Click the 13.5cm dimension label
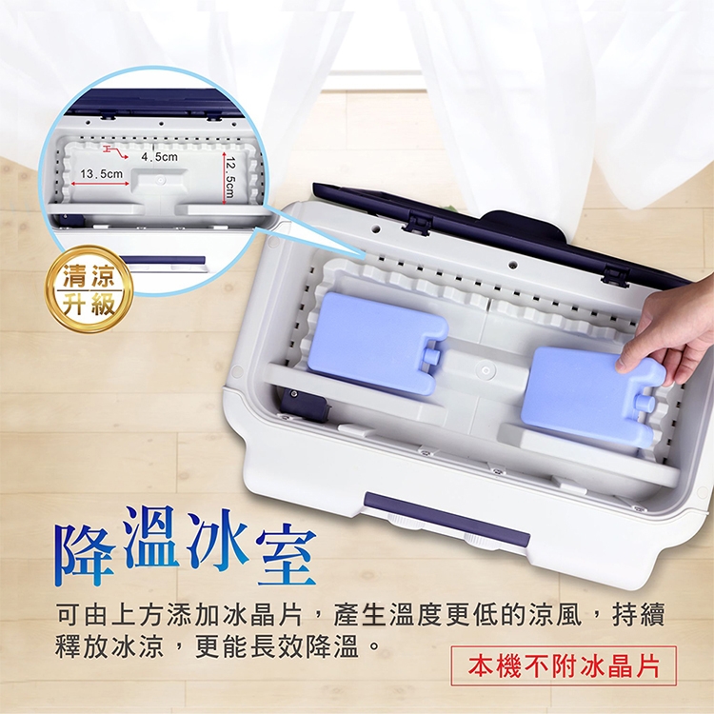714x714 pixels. pos(102,174)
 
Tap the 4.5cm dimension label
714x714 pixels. pos(159,155)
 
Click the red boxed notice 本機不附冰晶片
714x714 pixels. pos(563,665)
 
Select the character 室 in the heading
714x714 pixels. pos(285,557)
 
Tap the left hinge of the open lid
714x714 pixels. pos(415,224)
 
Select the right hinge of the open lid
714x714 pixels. pos(616,276)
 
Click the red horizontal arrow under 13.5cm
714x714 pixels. pos(101,184)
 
